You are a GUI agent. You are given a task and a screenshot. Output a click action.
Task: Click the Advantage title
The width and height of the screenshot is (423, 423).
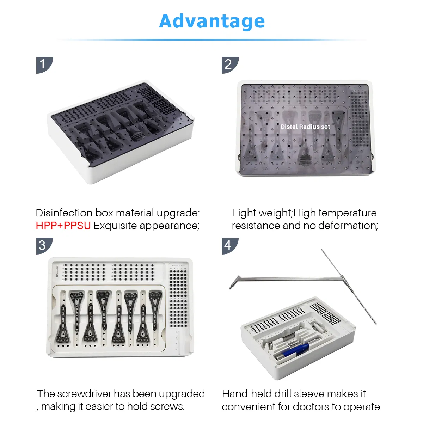[x=212, y=21]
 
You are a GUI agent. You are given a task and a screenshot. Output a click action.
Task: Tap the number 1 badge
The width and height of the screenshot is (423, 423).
[x=44, y=65]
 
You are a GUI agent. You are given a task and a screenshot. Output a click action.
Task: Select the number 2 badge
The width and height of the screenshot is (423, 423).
[x=229, y=65]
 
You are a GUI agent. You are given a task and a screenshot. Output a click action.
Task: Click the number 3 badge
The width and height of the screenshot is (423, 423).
[x=44, y=245]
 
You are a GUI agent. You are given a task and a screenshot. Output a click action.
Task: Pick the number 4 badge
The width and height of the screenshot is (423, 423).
[x=229, y=245]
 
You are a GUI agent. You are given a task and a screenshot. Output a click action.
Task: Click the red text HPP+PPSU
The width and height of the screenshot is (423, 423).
[x=63, y=226]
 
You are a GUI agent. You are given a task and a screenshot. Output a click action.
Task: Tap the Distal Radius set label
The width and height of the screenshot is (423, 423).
[x=305, y=127]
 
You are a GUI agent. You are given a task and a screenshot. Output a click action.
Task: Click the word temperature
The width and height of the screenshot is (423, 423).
[x=347, y=213]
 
